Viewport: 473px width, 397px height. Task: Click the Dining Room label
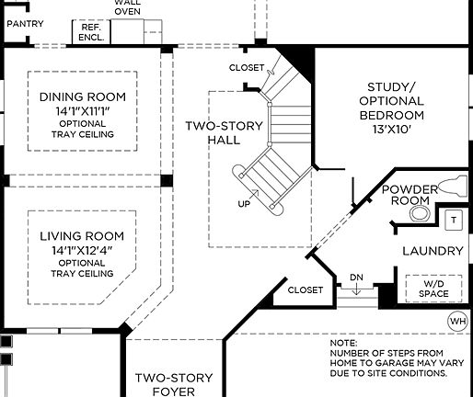(x=82, y=96)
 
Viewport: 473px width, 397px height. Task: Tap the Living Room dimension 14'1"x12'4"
(x=82, y=248)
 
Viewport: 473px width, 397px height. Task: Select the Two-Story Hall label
(x=225, y=132)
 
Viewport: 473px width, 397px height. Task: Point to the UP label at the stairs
(x=244, y=204)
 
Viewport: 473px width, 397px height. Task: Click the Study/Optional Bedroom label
(x=391, y=101)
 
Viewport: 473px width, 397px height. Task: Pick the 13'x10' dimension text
(x=391, y=130)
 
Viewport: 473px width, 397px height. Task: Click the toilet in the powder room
(x=452, y=186)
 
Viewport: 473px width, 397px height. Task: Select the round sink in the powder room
(x=420, y=214)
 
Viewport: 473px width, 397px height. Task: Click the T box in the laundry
(x=453, y=220)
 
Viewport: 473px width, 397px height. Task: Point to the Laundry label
(x=432, y=251)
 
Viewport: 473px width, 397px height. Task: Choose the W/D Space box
(x=432, y=289)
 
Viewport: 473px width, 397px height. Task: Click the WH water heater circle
(x=457, y=320)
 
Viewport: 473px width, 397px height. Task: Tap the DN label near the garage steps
(x=357, y=278)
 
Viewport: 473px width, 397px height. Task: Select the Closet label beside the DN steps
(x=306, y=289)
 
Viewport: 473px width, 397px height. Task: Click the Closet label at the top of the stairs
(x=247, y=68)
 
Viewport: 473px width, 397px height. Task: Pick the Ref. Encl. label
(x=90, y=34)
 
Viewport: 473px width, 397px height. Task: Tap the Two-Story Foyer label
(x=174, y=384)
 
